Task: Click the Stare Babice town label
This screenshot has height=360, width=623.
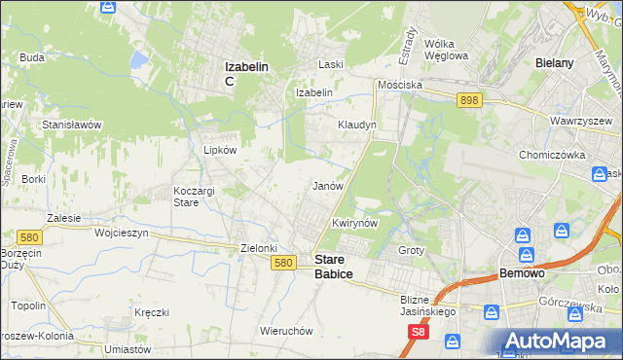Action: pos(333,267)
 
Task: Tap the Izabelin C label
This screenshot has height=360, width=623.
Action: pos(246,73)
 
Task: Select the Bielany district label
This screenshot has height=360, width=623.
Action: pos(554,62)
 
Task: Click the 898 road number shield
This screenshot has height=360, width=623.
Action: pos(470,99)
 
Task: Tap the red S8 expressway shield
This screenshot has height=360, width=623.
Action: pos(417,332)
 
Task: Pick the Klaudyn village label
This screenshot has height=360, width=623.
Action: pos(356,126)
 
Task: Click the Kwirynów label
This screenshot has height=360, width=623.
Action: pos(354,223)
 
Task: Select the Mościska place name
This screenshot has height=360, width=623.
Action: pos(400,85)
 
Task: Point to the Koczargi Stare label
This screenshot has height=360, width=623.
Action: pos(193,197)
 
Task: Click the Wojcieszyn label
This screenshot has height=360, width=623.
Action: pos(121,234)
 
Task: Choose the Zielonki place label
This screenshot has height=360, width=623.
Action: pos(260,248)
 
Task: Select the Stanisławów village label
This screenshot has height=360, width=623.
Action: pos(72,125)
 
